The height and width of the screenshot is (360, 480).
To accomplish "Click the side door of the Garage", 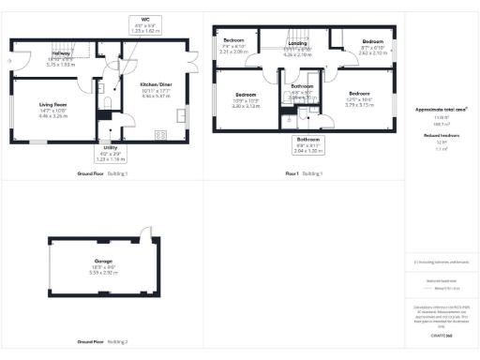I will coord(143,232).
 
